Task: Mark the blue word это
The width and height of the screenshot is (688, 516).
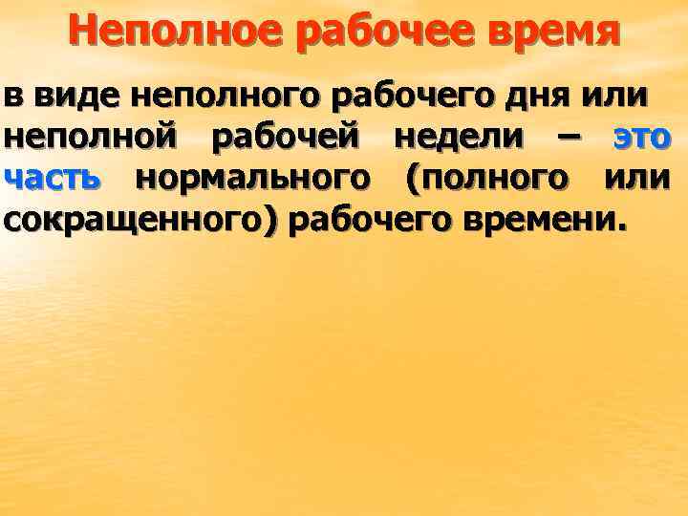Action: (x=642, y=140)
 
